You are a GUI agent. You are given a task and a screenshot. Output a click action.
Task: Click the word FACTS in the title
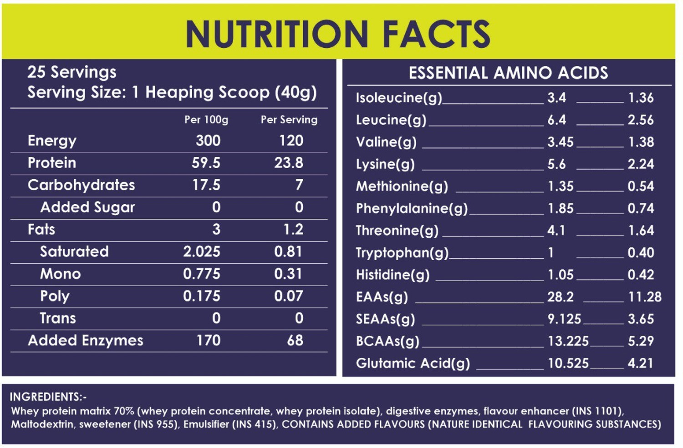(x=436, y=34)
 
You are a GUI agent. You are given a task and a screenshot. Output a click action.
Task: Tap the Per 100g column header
(x=206, y=120)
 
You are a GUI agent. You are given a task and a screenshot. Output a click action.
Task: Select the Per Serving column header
(x=289, y=120)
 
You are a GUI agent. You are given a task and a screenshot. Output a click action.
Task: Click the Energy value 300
(x=208, y=141)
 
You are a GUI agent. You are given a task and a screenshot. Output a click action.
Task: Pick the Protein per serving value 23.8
(x=288, y=163)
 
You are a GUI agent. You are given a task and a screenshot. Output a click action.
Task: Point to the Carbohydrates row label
(x=81, y=185)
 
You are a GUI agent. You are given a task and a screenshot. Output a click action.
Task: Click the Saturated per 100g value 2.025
(x=202, y=252)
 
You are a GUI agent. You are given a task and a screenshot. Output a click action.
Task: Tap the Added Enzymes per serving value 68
(x=295, y=341)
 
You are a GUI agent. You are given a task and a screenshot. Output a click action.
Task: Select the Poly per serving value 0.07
(x=288, y=296)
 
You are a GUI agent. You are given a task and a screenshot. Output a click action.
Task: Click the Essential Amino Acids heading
(x=508, y=73)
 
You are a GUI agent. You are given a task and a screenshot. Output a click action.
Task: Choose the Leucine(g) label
(x=391, y=120)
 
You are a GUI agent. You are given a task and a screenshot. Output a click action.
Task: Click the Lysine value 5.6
(x=556, y=164)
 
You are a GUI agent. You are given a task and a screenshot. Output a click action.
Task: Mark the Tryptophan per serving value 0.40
(x=641, y=252)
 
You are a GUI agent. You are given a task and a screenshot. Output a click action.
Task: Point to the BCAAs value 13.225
(x=568, y=341)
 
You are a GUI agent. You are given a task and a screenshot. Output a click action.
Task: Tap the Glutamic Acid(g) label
(x=413, y=363)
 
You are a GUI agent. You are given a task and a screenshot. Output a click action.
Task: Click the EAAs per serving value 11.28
(x=645, y=297)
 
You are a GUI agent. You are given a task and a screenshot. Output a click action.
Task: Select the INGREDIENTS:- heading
(x=48, y=397)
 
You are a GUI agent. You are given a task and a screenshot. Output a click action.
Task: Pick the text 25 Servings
(x=72, y=72)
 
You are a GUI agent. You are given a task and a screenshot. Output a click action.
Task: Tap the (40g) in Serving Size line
(x=296, y=93)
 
